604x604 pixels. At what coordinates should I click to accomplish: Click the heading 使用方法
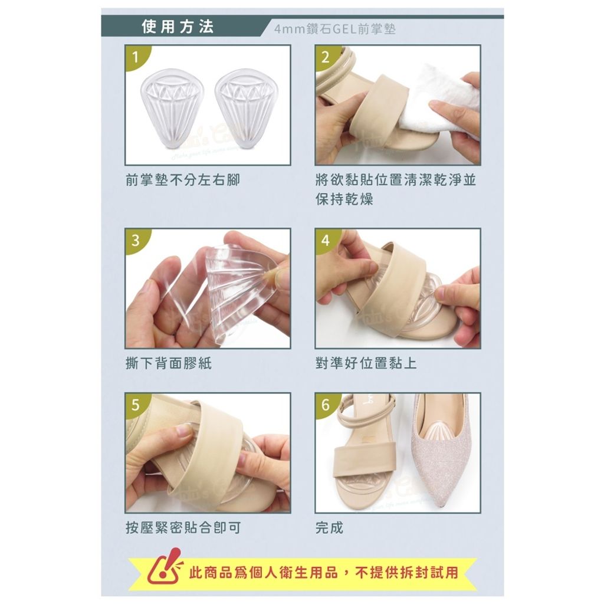coord(178,27)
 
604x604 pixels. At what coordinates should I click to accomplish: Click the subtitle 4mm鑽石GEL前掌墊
coord(335,29)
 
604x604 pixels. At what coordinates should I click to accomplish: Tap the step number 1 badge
coord(136,57)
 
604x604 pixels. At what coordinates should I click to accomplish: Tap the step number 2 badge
coord(326,57)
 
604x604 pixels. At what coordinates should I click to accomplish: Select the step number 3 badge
coord(136,241)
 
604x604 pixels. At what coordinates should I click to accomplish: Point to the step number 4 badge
coord(326,241)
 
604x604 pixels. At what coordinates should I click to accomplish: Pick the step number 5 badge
coord(136,405)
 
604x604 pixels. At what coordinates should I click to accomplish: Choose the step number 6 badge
coord(326,405)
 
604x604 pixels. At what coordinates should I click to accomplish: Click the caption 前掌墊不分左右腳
coord(183,180)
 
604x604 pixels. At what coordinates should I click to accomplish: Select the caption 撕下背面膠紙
coord(169,363)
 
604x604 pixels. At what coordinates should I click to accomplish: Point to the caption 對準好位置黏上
coord(366,363)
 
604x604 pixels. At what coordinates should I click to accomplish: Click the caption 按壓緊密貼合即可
coord(183,528)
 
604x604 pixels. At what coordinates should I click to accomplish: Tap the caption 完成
coord(329,528)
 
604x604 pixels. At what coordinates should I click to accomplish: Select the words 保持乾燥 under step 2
coord(344,199)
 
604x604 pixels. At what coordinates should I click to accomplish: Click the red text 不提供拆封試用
coord(407,573)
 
